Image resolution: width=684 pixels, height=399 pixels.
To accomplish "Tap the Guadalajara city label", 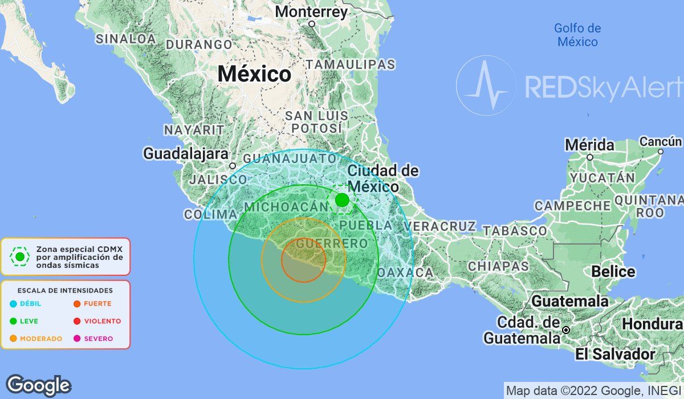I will pyautogui.click(x=186, y=153).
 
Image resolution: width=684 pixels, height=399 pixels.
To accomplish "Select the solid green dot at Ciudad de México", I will pyautogui.click(x=342, y=200).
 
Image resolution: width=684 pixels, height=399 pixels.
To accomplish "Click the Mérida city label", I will pyautogui.click(x=589, y=145).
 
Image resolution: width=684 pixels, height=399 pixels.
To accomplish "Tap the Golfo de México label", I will pyautogui.click(x=577, y=35).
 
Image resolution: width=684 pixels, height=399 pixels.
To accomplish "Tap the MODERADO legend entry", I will pyautogui.click(x=36, y=339).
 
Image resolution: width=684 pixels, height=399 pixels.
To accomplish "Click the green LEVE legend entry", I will pyautogui.click(x=25, y=321).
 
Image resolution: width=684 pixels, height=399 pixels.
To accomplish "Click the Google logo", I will pyautogui.click(x=38, y=385).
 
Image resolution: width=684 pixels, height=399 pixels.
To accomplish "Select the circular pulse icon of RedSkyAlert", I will pyautogui.click(x=485, y=85).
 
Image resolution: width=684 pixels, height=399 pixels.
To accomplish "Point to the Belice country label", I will pyautogui.click(x=613, y=271).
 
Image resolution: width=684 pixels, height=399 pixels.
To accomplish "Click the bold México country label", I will pyautogui.click(x=254, y=74).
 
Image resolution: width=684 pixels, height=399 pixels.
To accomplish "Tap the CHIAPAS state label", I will pyautogui.click(x=491, y=266).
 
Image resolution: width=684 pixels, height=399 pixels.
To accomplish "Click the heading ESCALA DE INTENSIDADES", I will pyautogui.click(x=66, y=290).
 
